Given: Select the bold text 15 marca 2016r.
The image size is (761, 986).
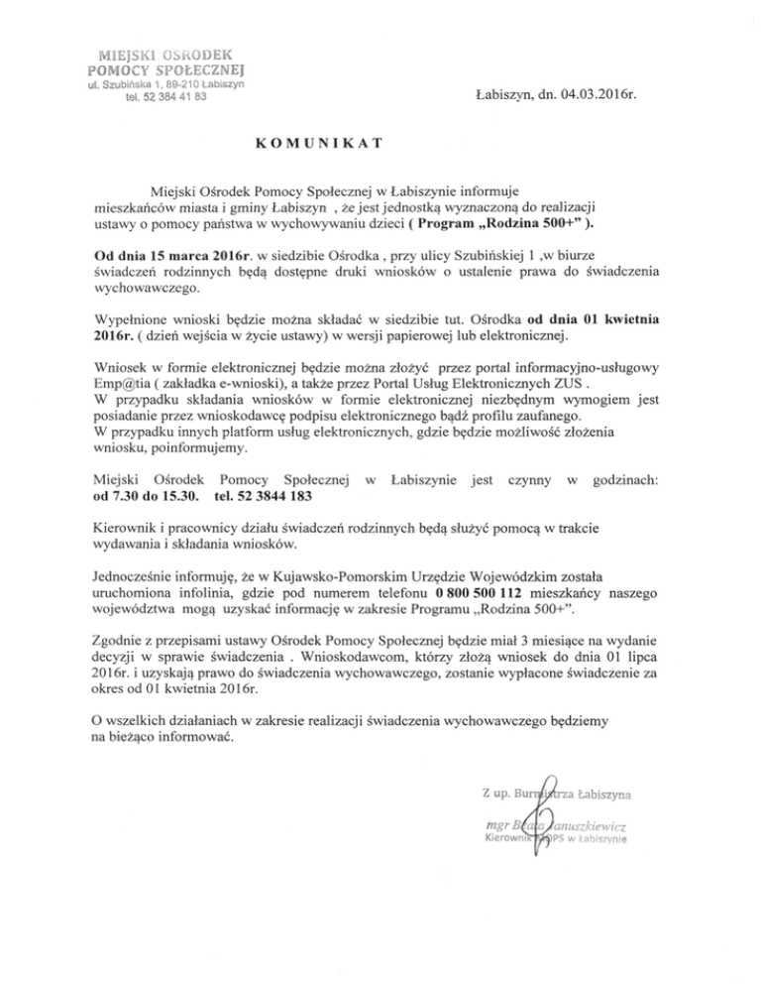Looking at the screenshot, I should pos(190,256).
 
